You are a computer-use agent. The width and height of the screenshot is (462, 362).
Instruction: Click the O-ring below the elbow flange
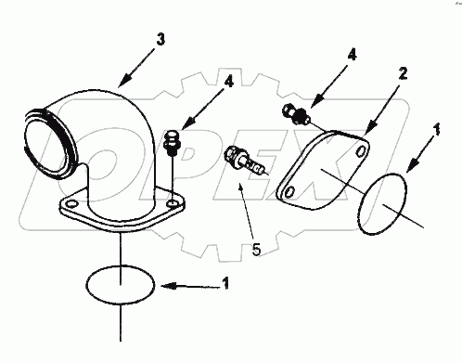click(122, 281)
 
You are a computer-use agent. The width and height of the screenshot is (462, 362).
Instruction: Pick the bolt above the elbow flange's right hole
click(171, 144)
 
